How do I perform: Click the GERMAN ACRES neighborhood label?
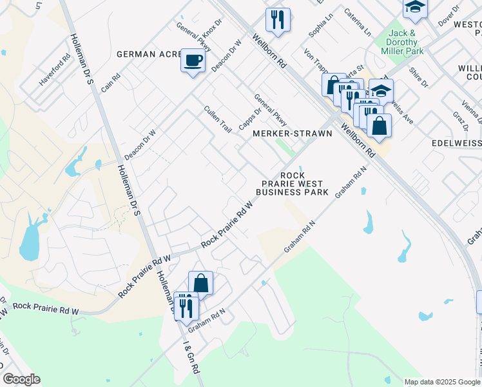click(149, 54)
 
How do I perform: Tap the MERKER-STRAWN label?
click(292, 134)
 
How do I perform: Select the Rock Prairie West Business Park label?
click(292, 184)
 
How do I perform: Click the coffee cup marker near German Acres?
click(193, 61)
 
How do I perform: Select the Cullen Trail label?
click(218, 119)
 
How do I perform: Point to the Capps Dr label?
click(250, 118)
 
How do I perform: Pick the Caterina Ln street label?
click(358, 22)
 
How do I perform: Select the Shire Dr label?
click(419, 77)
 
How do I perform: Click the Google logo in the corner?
click(21, 379)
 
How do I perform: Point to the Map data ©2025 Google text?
click(441, 382)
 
